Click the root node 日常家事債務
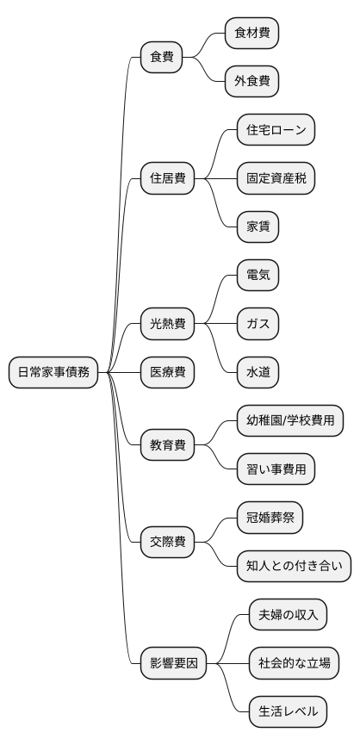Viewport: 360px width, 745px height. click(x=53, y=372)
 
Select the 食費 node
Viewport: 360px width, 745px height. click(x=162, y=58)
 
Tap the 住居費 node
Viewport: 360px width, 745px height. click(x=168, y=179)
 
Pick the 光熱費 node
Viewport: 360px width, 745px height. click(x=168, y=325)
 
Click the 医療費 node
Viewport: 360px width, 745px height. click(x=168, y=372)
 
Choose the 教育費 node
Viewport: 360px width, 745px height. click(x=168, y=445)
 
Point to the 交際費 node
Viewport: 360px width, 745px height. click(x=168, y=543)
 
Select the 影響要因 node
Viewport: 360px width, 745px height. click(x=174, y=663)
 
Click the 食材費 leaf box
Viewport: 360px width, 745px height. click(x=252, y=34)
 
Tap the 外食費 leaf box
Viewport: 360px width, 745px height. click(x=252, y=82)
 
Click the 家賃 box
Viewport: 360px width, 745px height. click(x=258, y=227)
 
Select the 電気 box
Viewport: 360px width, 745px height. click(x=258, y=276)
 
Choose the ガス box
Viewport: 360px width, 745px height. click(x=258, y=325)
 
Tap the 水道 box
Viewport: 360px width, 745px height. click(x=258, y=372)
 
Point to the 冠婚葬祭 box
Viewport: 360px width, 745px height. click(x=270, y=518)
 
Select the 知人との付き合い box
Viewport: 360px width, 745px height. click(x=294, y=567)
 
